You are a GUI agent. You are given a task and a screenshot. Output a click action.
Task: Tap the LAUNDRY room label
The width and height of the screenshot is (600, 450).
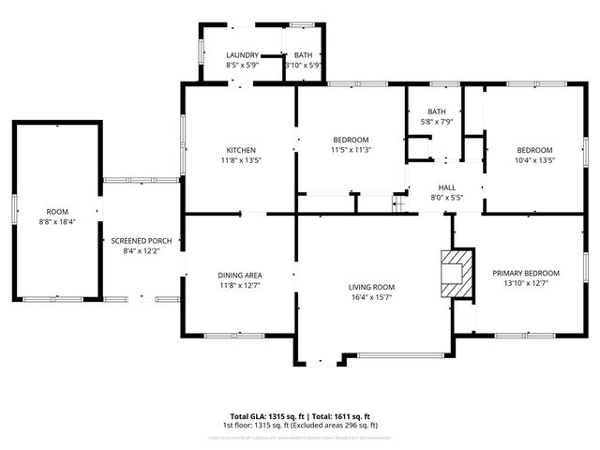(241, 55)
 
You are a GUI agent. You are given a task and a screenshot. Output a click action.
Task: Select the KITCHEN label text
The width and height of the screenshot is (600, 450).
(241, 150)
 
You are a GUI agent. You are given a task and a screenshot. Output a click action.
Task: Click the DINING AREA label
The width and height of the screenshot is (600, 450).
(241, 275)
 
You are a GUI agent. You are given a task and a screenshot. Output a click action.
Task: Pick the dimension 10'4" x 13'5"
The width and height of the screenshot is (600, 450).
(535, 160)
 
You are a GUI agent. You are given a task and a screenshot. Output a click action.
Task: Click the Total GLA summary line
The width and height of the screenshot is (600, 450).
(301, 416)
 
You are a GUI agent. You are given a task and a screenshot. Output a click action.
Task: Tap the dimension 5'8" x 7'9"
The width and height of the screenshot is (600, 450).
(438, 122)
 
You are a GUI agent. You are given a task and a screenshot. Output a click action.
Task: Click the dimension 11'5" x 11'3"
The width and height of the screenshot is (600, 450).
(351, 150)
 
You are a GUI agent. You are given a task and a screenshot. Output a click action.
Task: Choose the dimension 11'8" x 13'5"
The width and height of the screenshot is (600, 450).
(241, 160)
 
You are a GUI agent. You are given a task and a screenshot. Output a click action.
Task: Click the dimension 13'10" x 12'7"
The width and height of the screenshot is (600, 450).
(525, 284)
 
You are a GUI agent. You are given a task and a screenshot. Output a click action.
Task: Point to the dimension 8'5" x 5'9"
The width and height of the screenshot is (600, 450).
(241, 66)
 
